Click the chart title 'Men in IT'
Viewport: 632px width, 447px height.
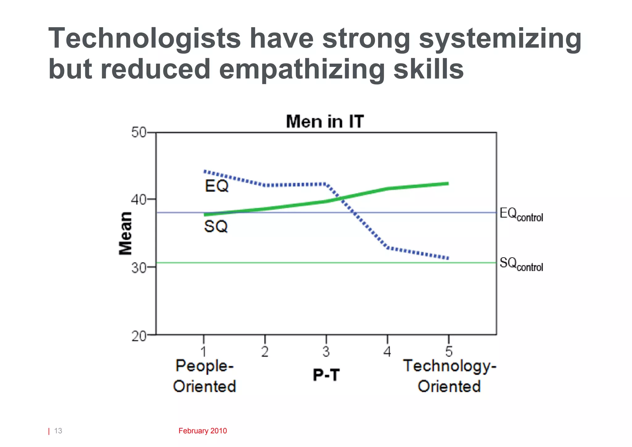tap(325, 121)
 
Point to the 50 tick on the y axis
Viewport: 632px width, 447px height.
tap(139, 133)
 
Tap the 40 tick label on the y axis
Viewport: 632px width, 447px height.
tap(139, 200)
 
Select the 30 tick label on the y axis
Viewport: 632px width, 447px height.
tap(139, 267)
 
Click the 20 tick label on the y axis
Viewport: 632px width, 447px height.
tap(139, 336)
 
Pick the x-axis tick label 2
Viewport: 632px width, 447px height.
tap(265, 352)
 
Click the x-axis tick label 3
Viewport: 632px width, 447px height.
tap(326, 352)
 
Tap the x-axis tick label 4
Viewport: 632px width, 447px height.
tap(387, 352)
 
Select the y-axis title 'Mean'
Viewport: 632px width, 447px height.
tap(126, 234)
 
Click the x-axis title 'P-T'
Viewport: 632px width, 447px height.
tap(326, 375)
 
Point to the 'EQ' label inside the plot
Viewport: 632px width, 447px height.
tap(217, 186)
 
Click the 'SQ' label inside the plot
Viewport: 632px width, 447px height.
tap(216, 227)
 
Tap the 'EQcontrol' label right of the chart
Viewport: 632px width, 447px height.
tap(521, 214)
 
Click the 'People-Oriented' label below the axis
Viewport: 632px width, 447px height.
tap(205, 376)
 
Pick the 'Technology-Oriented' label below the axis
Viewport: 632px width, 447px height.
tap(450, 376)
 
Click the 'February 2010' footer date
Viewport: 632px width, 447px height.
tap(202, 431)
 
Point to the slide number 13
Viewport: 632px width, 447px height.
tap(58, 431)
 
